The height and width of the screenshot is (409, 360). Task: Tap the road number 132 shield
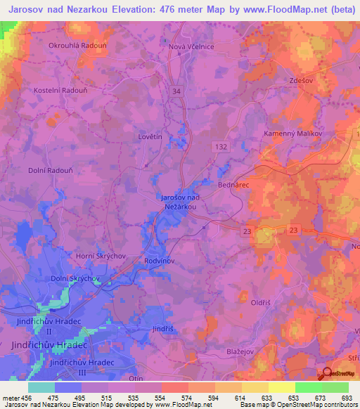[x=220, y=144]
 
